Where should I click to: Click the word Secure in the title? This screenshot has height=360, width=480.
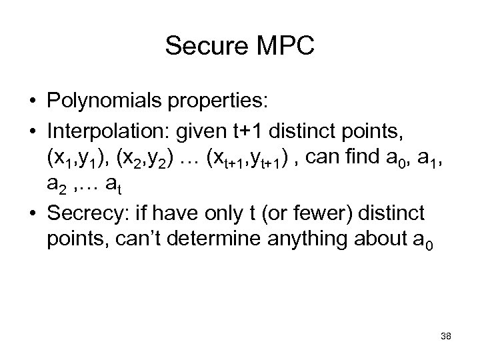pos(205,46)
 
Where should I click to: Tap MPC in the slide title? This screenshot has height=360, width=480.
pos(283,46)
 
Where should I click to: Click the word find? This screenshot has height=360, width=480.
pos(355,159)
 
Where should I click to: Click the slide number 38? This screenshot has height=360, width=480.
pos(445,336)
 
